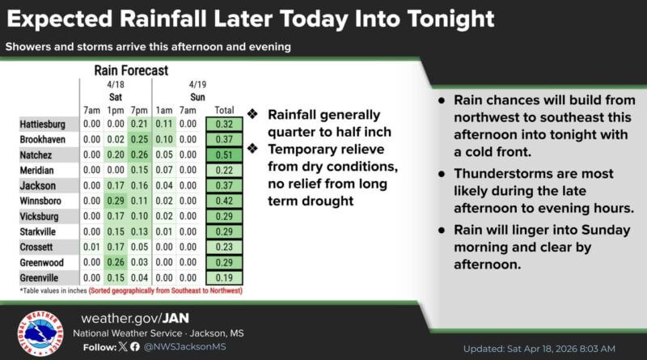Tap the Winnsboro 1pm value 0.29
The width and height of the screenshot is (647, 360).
tap(114, 201)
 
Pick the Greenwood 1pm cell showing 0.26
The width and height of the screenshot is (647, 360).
tap(114, 263)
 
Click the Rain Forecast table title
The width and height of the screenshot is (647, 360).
tap(130, 70)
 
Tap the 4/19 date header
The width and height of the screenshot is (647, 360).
tap(197, 83)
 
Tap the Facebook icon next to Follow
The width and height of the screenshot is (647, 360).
tap(134, 348)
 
